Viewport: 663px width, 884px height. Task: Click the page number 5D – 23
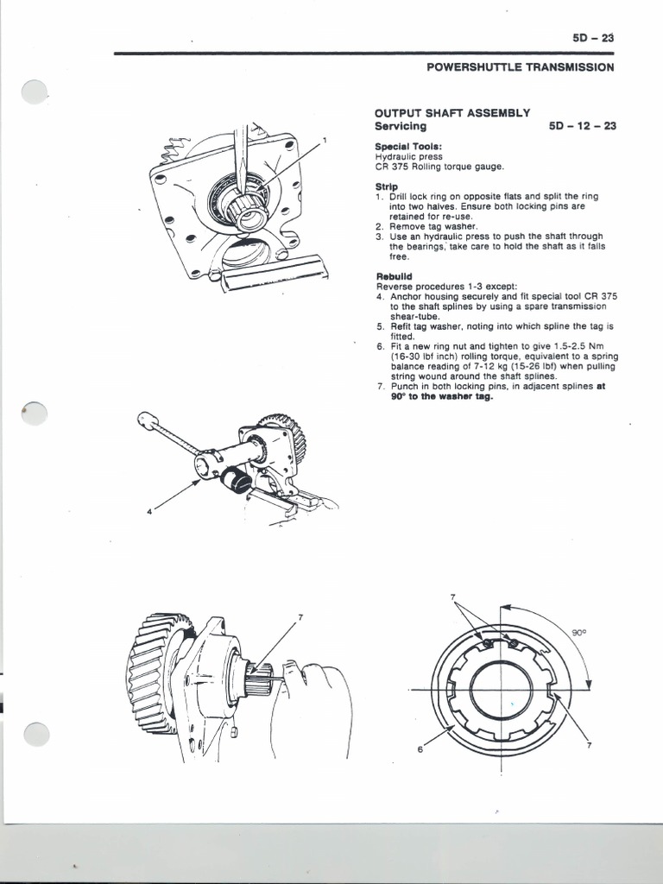(x=593, y=38)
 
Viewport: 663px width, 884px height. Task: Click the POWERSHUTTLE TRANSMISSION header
(x=521, y=67)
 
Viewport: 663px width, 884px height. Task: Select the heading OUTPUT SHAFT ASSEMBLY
(x=452, y=113)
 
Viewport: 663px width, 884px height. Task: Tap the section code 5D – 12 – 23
(x=583, y=126)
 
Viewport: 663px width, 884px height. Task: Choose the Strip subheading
(x=386, y=186)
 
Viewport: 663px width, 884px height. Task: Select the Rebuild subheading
(x=394, y=276)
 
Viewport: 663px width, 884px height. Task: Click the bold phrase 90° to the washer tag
(x=441, y=396)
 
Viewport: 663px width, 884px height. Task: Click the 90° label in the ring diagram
(x=579, y=633)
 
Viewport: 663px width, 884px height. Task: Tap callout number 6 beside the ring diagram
(x=420, y=749)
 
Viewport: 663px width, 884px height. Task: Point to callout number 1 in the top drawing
(x=325, y=139)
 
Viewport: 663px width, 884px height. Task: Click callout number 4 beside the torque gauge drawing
(x=148, y=511)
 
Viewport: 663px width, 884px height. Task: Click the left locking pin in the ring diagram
(x=487, y=642)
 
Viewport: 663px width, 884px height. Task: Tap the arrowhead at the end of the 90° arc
(x=589, y=685)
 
